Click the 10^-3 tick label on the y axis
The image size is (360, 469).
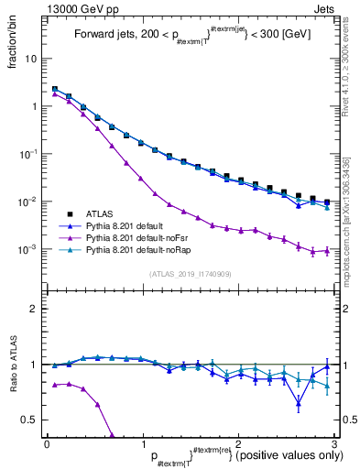point(27,249)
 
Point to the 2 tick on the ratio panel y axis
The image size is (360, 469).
point(32,310)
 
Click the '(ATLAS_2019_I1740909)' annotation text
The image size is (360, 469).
point(191,274)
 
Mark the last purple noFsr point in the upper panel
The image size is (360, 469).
point(327,251)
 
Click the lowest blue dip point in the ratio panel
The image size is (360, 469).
point(299,403)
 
